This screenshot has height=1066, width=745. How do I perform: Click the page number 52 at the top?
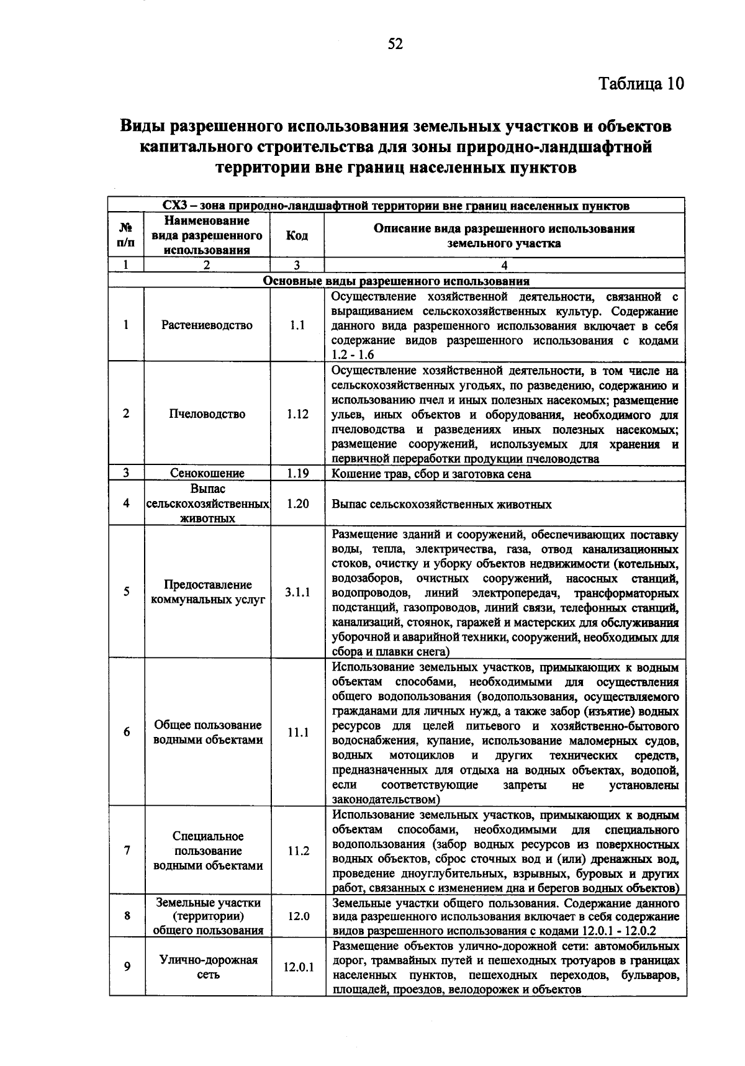(395, 44)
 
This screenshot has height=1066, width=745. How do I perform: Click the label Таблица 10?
(641, 83)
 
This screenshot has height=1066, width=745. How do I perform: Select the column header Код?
(297, 236)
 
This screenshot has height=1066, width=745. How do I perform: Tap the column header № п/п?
(125, 235)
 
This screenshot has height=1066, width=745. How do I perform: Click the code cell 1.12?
(297, 414)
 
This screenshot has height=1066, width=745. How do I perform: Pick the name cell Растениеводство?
(207, 325)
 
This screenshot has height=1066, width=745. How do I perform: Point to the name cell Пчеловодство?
(207, 414)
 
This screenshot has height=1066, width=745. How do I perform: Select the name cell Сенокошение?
(207, 473)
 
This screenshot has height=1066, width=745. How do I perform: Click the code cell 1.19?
(297, 473)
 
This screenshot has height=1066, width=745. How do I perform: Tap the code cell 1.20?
(297, 504)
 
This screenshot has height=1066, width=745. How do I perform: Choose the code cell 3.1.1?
(297, 592)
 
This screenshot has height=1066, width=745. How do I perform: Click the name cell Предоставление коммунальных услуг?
(207, 592)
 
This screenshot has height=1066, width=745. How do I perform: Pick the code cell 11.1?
(298, 733)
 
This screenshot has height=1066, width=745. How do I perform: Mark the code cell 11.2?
(298, 851)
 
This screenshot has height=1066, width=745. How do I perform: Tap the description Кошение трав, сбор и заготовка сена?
(431, 474)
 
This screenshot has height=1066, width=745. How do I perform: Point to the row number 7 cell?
(126, 851)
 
